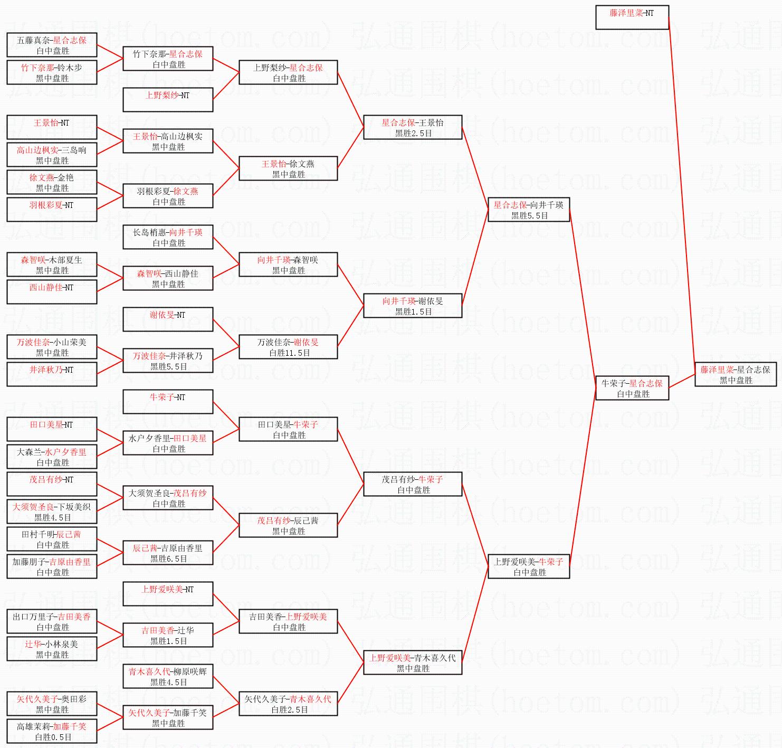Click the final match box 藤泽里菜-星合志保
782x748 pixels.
tap(735, 374)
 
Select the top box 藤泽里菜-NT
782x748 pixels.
tap(632, 17)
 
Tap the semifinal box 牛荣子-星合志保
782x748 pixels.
tap(632, 388)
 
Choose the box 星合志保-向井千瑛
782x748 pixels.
tap(528, 210)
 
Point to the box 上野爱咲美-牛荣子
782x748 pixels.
tap(528, 566)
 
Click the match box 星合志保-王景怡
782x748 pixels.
tap(412, 127)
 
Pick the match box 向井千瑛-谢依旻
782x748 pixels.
tap(412, 306)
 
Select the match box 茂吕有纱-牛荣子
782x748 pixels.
tap(412, 484)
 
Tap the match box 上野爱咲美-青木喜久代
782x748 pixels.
tap(412, 662)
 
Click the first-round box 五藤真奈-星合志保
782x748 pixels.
tap(52, 45)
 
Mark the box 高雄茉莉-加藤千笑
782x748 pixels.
tap(52, 731)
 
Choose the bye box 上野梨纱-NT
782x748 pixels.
tap(168, 100)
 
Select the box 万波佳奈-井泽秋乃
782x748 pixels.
tap(168, 361)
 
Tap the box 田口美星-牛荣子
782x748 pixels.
tap(288, 429)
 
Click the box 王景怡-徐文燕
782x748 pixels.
tap(288, 168)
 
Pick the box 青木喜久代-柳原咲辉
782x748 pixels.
tap(168, 676)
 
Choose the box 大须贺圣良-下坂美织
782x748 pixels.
tap(52, 512)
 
